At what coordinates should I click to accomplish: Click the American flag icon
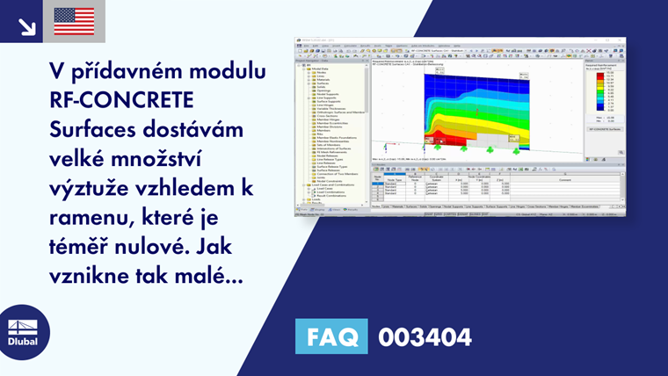click(x=74, y=21)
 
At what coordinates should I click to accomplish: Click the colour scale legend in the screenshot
click(x=602, y=91)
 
